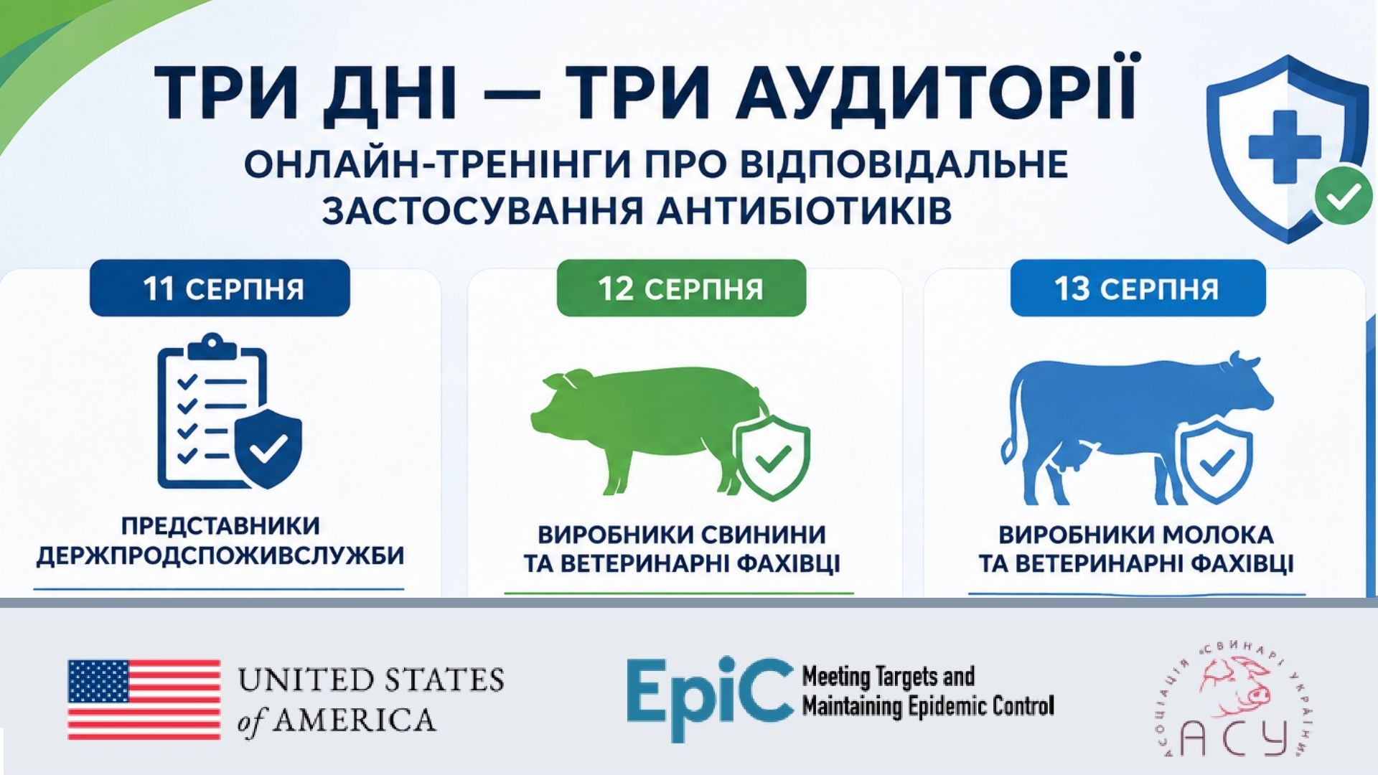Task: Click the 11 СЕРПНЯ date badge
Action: click(220, 288)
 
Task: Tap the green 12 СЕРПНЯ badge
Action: click(681, 288)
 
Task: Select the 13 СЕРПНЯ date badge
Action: click(1138, 288)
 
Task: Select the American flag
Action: click(144, 700)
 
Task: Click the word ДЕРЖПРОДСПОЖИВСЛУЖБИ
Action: click(220, 555)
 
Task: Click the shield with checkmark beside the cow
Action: click(1216, 460)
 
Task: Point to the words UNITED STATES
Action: click(371, 679)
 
